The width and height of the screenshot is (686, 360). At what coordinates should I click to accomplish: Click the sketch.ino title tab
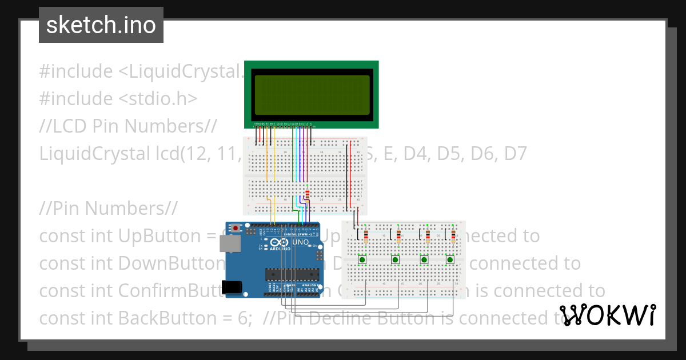tap(101, 25)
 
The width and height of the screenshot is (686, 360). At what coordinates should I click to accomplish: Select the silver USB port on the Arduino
tap(230, 245)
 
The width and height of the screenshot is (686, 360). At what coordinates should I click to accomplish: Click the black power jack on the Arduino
tap(233, 287)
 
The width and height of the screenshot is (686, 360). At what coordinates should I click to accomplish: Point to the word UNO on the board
tap(301, 242)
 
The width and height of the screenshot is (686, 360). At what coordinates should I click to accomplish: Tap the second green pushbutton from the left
tap(395, 260)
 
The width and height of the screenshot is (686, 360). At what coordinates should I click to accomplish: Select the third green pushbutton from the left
tap(425, 260)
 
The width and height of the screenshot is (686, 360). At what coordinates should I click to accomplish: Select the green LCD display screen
tap(311, 94)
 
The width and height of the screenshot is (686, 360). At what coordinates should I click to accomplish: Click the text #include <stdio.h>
tap(118, 99)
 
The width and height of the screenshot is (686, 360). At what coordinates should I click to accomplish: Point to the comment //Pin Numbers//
tap(109, 208)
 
